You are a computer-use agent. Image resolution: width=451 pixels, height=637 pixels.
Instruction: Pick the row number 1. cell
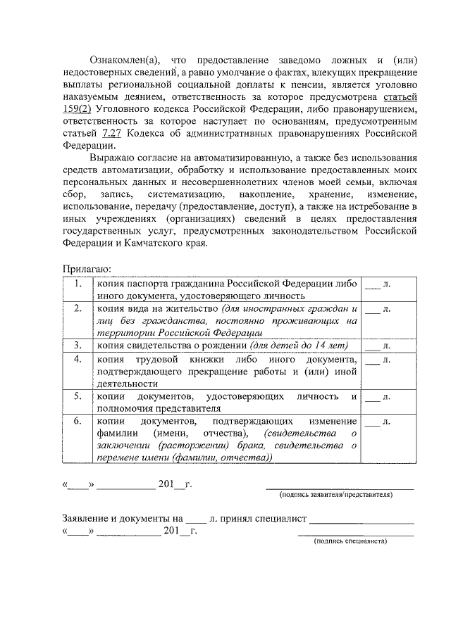(x=78, y=284)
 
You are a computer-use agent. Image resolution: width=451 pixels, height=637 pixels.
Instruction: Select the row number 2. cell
(x=78, y=308)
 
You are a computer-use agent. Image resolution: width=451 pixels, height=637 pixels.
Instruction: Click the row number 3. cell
(x=78, y=345)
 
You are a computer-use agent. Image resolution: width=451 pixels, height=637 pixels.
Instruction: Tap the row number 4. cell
(x=78, y=359)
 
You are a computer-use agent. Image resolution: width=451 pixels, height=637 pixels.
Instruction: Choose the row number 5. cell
(x=78, y=396)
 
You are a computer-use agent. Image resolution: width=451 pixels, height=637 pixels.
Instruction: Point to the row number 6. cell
(x=78, y=421)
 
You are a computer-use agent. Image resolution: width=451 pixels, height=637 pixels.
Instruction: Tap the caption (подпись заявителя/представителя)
(x=336, y=495)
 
